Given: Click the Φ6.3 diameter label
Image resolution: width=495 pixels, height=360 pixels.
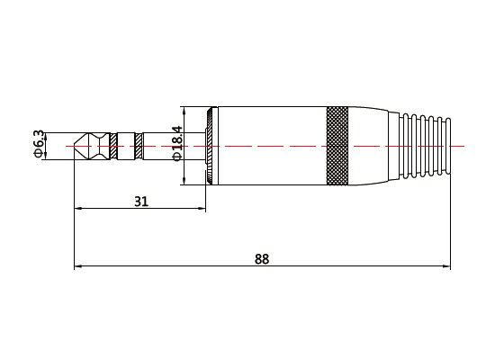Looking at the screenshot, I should coord(39,145).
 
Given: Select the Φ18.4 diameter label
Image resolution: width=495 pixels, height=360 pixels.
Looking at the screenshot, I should coord(177,143).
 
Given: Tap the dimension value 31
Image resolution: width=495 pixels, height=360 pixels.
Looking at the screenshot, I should coord(140,202).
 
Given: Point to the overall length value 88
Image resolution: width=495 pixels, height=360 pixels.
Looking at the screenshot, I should coord(261,259).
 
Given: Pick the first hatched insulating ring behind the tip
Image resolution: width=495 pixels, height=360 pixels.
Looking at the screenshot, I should coord(112,146).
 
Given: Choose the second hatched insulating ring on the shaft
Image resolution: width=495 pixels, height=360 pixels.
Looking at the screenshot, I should coord(138,146).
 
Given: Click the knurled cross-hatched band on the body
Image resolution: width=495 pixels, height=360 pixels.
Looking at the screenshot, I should coord(337,146).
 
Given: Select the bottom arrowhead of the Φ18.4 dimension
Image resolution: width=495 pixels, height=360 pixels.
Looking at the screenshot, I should coord(184,181).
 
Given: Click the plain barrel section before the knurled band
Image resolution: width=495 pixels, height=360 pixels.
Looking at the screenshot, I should coord(270,146).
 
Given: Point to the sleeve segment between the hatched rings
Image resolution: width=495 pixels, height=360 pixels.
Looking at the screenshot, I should coord(125,146).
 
